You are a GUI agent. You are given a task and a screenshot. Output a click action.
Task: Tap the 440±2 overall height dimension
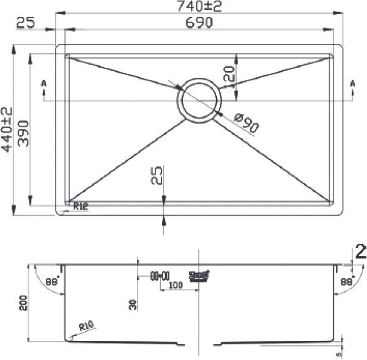click(7, 130)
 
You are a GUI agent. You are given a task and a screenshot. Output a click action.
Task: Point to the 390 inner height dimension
click(24, 130)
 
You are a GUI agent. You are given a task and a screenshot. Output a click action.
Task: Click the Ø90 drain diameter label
click(246, 123)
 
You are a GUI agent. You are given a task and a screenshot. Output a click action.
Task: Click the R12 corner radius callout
click(81, 207)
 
